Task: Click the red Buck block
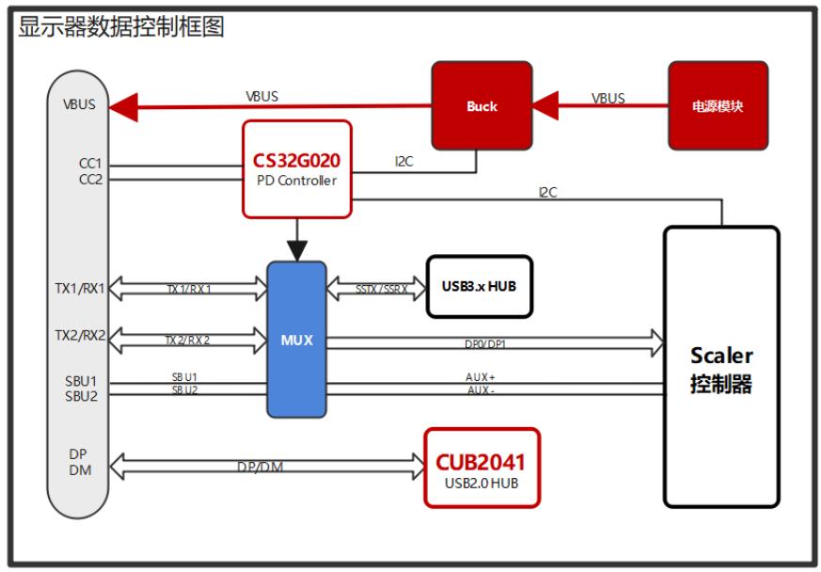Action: (482, 105)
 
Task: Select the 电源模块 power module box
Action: (718, 105)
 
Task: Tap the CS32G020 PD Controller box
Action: (296, 168)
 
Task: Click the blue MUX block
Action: (296, 340)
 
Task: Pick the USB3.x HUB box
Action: (480, 286)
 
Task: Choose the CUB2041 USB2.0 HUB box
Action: (482, 469)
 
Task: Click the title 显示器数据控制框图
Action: (121, 26)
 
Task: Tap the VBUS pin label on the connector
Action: (79, 104)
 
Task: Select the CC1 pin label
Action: (90, 163)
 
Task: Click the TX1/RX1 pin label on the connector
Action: (79, 288)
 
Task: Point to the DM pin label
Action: (80, 469)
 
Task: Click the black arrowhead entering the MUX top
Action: (296, 250)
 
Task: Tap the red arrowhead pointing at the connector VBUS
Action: (123, 106)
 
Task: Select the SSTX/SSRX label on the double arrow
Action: (382, 290)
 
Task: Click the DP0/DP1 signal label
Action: (485, 344)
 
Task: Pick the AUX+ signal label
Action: (480, 376)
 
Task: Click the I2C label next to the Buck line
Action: (403, 162)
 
